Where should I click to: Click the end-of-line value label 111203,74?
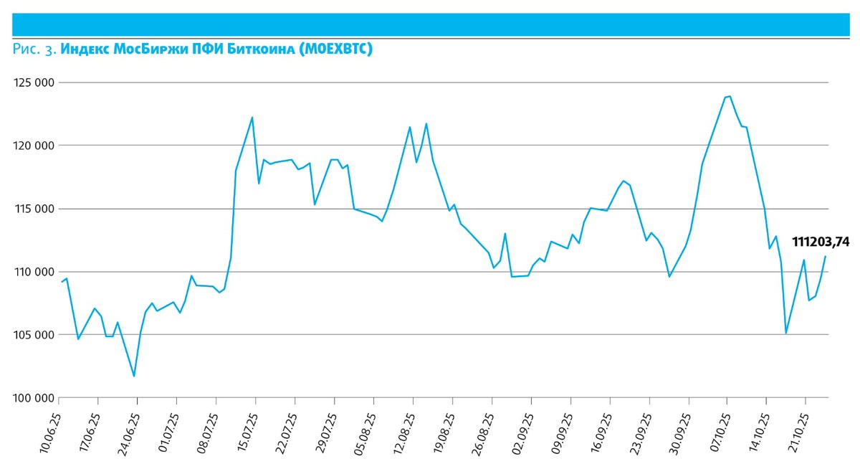click(820, 242)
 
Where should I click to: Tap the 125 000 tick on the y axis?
click(34, 82)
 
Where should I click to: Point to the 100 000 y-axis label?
click(34, 398)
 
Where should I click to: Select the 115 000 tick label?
click(34, 209)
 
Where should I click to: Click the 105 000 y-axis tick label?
click(34, 335)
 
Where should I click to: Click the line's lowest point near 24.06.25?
click(134, 376)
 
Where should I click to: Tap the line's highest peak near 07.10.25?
click(729, 96)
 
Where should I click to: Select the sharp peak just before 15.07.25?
click(252, 118)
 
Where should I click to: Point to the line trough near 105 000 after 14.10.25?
click(786, 333)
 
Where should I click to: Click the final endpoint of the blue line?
click(826, 256)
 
